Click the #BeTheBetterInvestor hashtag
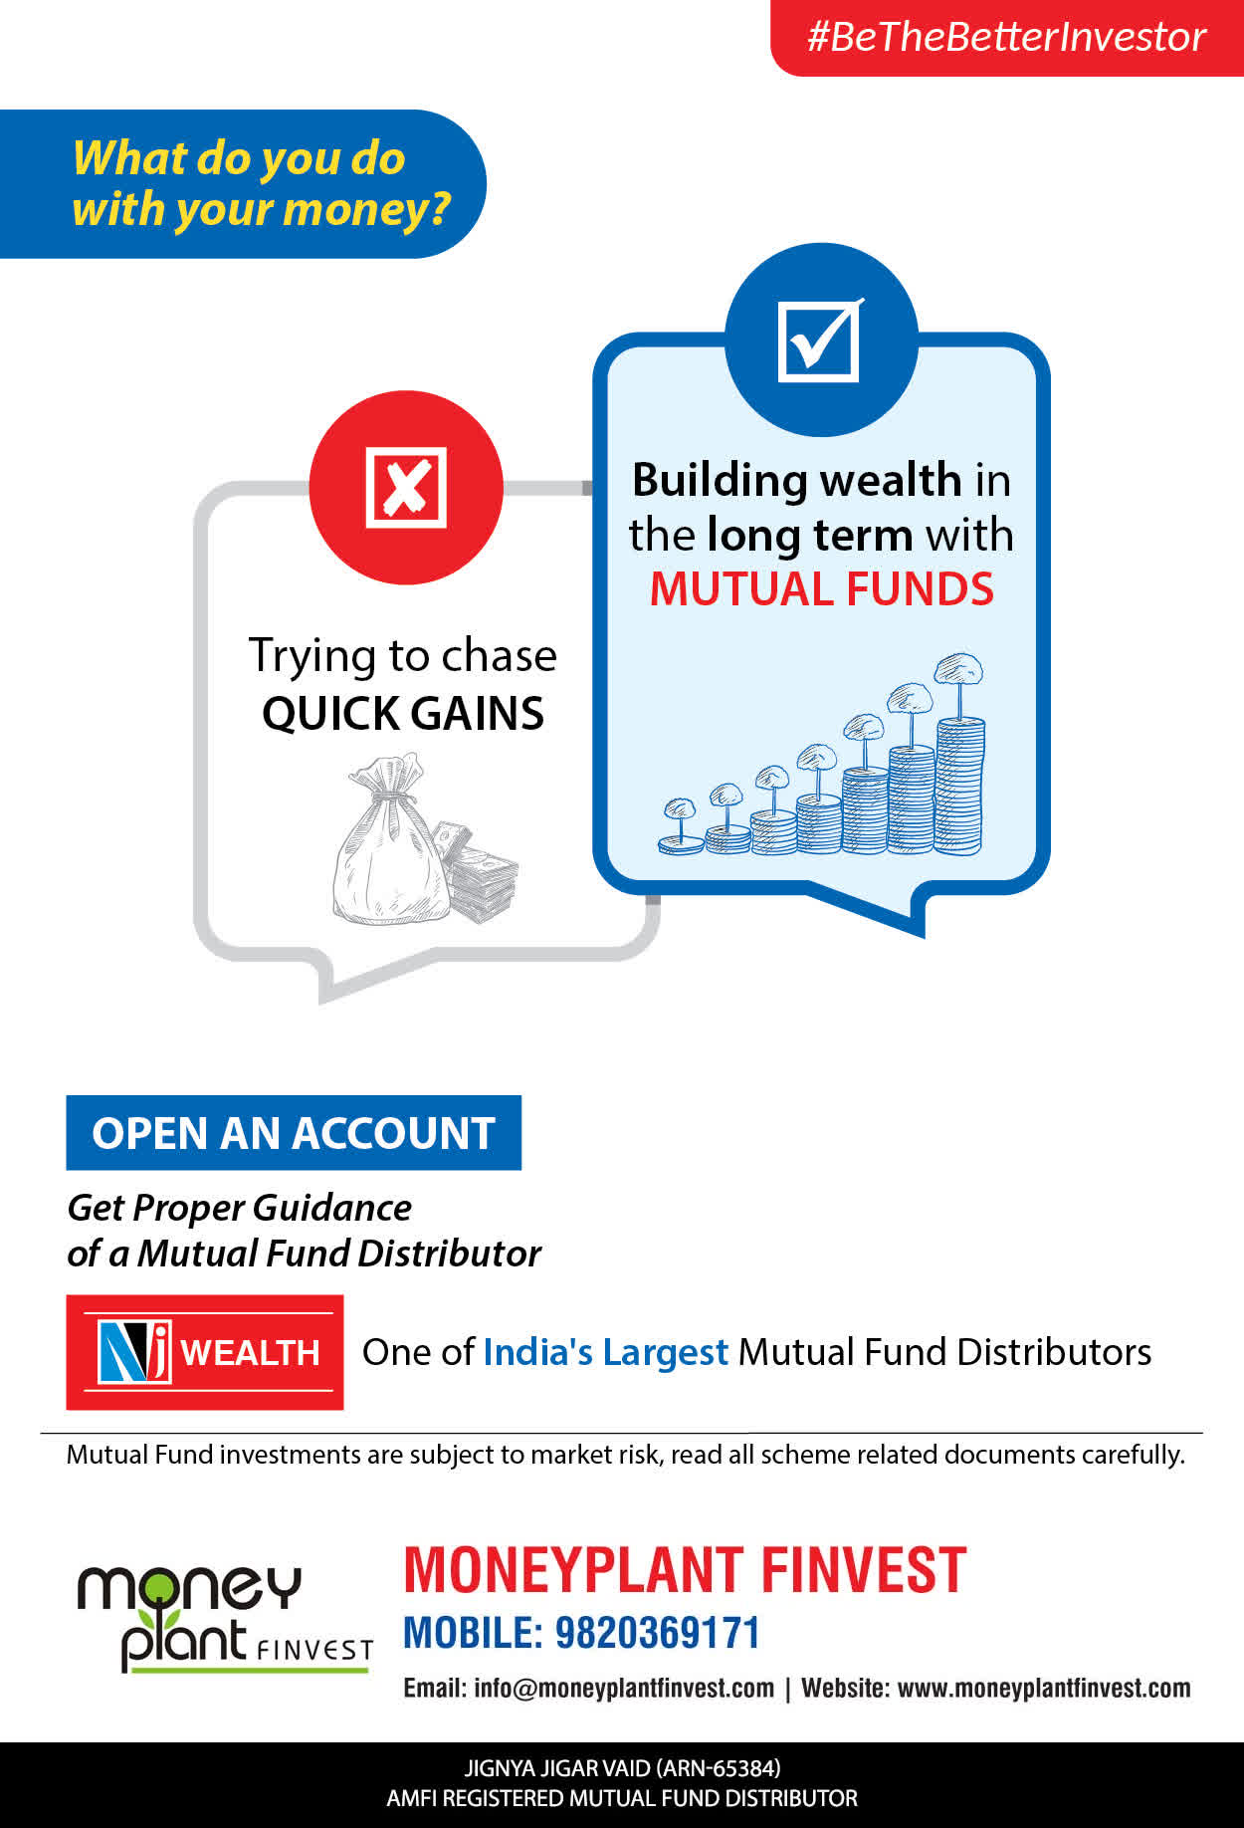click(x=1006, y=37)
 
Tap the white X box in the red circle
click(x=406, y=487)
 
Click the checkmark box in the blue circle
click(x=820, y=341)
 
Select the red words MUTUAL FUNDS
click(x=822, y=588)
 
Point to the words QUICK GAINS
click(x=403, y=713)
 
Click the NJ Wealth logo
click(x=205, y=1352)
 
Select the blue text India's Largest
click(x=605, y=1352)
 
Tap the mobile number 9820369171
click(x=657, y=1633)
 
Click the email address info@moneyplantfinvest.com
click(x=624, y=1689)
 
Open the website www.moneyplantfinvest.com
click(x=1044, y=1689)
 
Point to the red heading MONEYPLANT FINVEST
click(x=685, y=1570)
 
